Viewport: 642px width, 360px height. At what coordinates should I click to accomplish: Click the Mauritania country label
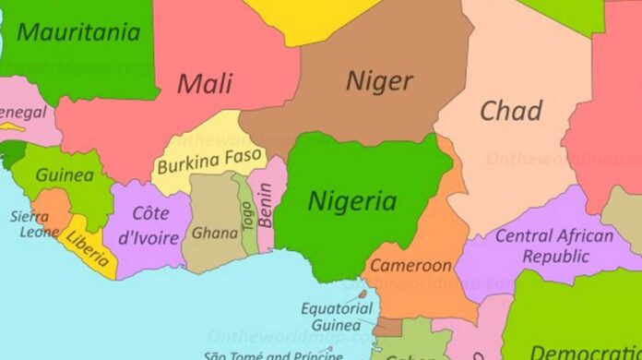click(x=78, y=33)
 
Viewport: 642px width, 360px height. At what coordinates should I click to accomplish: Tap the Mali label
click(x=204, y=83)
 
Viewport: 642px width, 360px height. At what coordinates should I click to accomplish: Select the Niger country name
click(x=378, y=80)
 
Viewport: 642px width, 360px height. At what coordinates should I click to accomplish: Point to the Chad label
click(x=510, y=111)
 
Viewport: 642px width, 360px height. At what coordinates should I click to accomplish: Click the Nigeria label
click(x=352, y=200)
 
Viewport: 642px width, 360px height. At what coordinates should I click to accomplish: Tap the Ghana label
click(x=214, y=233)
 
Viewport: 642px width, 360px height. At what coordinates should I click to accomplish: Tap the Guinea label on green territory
click(x=65, y=174)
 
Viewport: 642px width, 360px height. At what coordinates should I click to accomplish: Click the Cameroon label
click(x=411, y=266)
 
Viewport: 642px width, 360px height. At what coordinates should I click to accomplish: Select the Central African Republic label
click(x=554, y=246)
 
